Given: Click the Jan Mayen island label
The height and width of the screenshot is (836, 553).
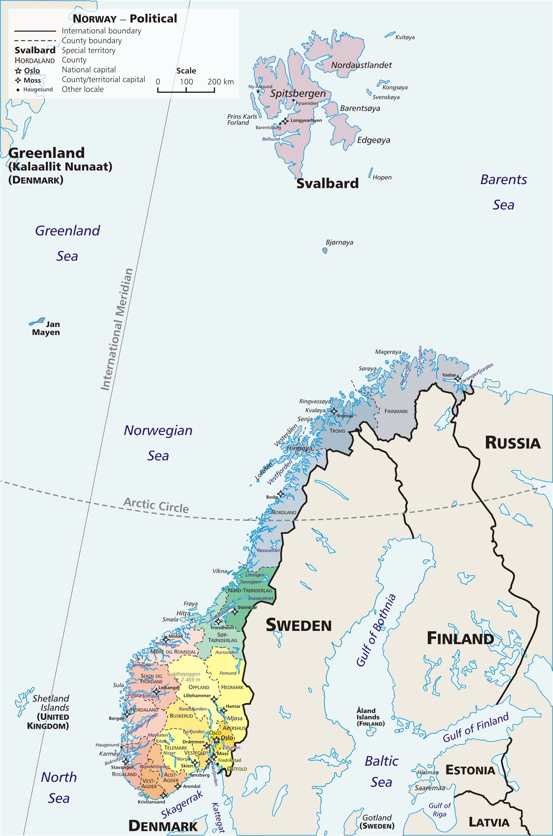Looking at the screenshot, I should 46,328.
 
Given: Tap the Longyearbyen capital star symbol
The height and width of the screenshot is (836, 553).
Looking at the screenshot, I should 285,121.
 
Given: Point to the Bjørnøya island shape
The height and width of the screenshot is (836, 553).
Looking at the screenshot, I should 325,250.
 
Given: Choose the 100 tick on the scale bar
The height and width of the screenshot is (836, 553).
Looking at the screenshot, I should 186,82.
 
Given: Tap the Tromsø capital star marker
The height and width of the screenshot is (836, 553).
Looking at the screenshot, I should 334,411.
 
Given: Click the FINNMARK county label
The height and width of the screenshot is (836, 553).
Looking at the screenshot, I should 396,411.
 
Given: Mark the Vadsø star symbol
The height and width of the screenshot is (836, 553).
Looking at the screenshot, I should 458,379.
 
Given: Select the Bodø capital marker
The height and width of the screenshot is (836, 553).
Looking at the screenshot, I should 280,493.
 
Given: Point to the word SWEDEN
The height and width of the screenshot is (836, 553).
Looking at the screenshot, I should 298,625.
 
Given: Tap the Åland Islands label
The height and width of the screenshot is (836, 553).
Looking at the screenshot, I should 370,717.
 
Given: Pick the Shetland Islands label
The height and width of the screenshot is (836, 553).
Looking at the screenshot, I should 51,703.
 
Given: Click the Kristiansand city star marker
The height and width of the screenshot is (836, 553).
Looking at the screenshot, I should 163,795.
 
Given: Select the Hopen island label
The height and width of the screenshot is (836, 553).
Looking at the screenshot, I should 382,177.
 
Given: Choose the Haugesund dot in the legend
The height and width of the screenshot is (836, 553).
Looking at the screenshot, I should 18,90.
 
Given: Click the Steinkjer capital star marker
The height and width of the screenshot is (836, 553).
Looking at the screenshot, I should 234,611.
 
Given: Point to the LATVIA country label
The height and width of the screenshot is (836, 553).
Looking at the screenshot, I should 489,822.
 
